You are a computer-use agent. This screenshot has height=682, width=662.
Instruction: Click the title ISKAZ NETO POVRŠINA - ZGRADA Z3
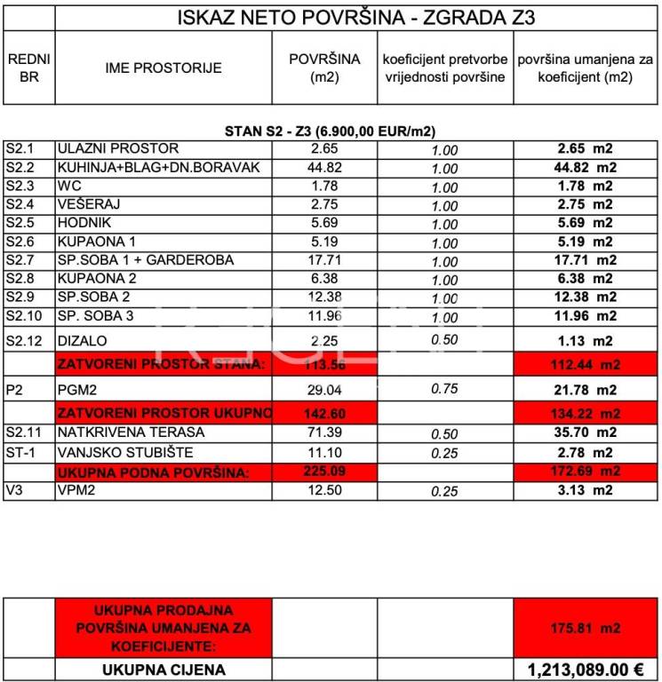pos(356,17)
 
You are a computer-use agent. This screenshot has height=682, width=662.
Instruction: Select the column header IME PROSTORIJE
pos(164,67)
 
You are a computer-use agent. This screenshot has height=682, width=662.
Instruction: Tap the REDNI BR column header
pos(28,67)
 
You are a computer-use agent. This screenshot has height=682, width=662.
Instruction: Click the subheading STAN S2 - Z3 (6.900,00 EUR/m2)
pos(330,131)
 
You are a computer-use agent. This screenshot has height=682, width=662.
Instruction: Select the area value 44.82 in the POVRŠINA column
pos(325,167)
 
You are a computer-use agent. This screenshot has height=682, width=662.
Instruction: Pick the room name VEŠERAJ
pos(89,204)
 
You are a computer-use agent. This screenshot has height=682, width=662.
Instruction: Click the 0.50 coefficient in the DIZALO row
pos(443,340)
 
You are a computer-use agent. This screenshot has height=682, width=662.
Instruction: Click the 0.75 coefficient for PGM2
pos(443,389)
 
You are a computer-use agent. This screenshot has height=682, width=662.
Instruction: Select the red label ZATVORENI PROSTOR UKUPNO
pos(164,413)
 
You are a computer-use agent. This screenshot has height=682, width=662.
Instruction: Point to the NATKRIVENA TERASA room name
pos(131,432)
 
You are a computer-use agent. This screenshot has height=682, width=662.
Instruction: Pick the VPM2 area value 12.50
pos(325,490)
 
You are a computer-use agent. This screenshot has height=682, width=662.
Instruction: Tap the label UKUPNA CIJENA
pos(164,670)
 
